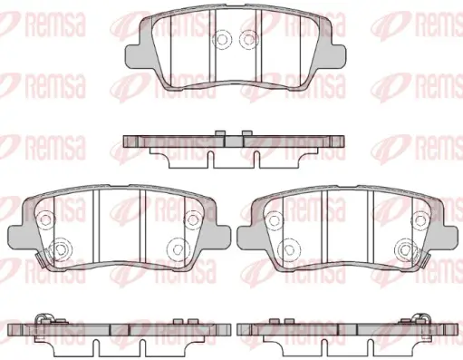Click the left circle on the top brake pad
click(x=222, y=40)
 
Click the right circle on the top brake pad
click(x=249, y=40)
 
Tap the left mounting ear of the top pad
click(x=133, y=56)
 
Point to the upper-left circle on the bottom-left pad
click(x=45, y=219)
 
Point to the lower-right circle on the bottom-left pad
click(x=177, y=248)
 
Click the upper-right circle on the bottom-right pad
click(x=421, y=219)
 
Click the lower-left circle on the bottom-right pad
click(x=289, y=248)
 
